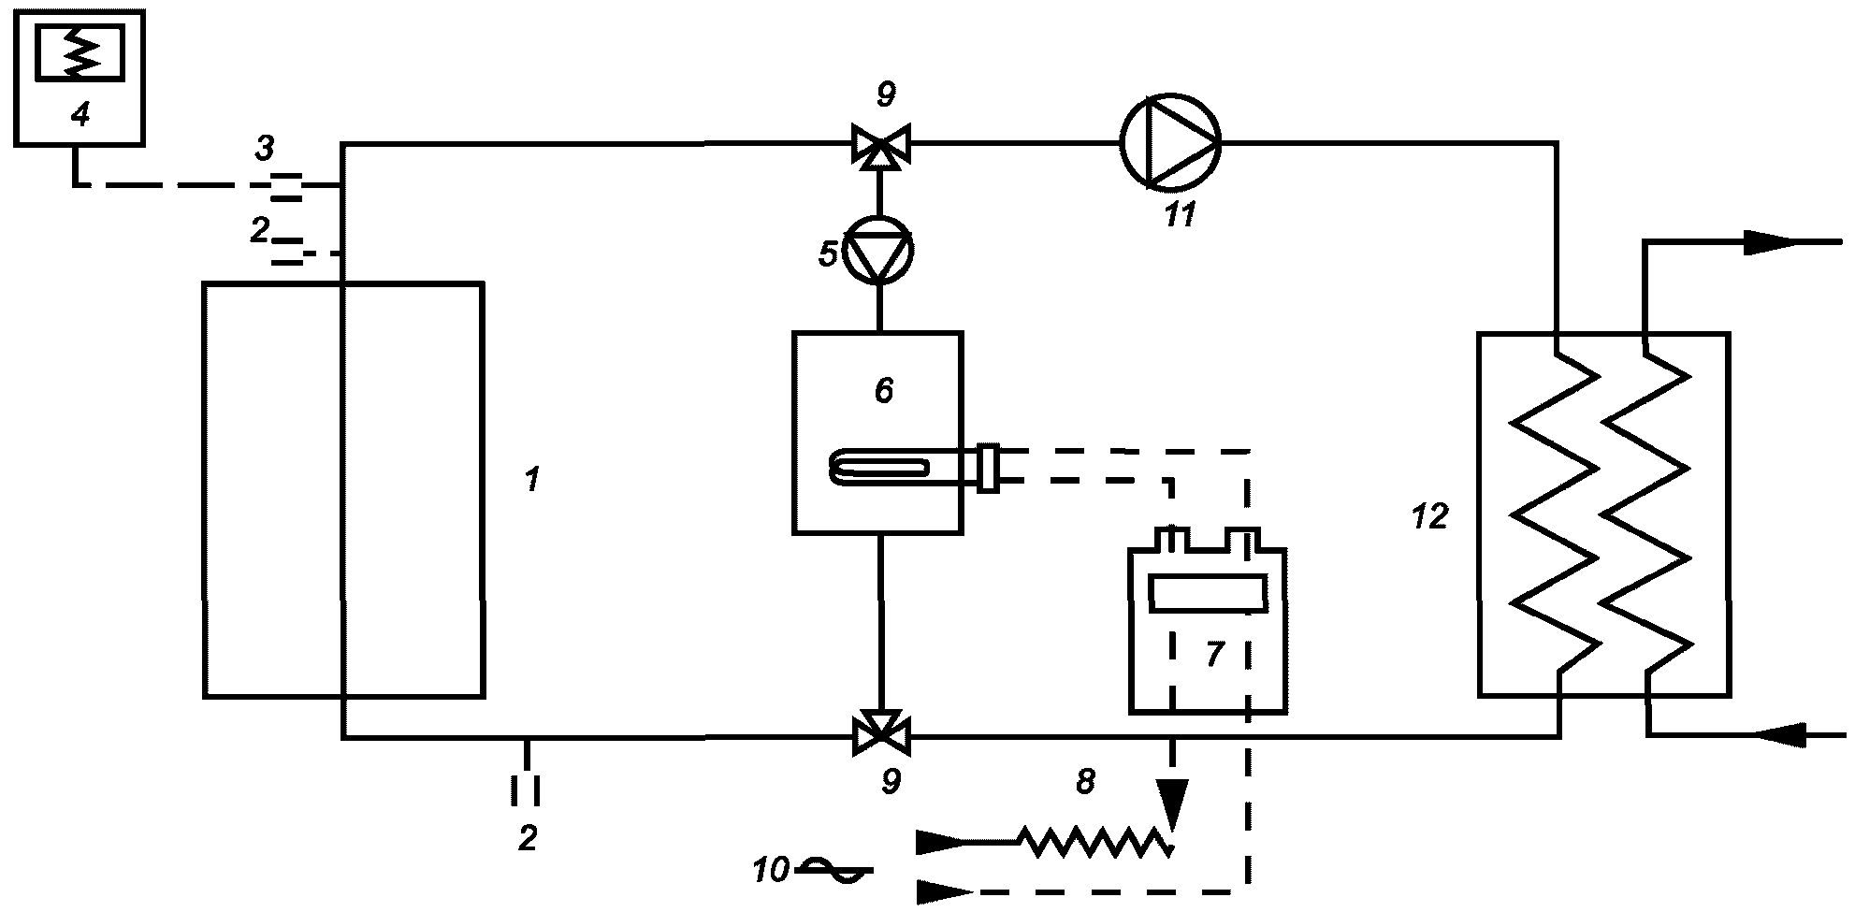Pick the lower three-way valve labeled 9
point(879,735)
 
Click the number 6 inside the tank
point(884,390)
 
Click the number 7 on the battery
point(1214,654)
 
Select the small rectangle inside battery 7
point(1208,594)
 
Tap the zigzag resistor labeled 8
point(1094,842)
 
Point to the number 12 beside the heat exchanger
point(1429,515)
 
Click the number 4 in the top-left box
point(80,115)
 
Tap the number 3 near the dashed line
point(265,148)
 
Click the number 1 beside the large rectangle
point(531,481)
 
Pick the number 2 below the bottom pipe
point(528,838)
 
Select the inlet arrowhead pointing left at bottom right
point(1783,735)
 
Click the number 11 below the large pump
point(1180,215)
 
